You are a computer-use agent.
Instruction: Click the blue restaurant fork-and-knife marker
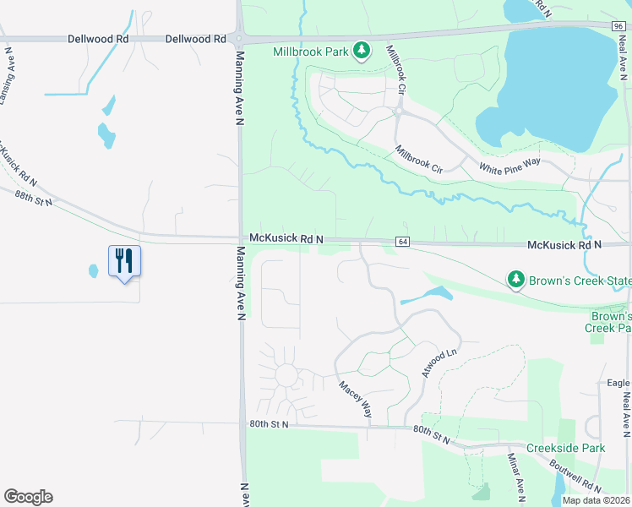coord(124,260)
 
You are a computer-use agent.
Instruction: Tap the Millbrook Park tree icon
coord(362,52)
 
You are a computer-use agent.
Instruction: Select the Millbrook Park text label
coord(311,52)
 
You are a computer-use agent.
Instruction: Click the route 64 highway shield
coord(402,243)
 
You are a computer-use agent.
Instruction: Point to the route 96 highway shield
coord(620,26)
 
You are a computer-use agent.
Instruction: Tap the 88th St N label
coord(34,198)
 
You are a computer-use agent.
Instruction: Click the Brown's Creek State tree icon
coord(515,279)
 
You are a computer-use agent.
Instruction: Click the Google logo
coord(28,497)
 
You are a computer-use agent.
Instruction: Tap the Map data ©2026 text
coord(596,500)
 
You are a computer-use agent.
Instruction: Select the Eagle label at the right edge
coord(618,383)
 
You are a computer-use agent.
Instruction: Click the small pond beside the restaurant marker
coord(93,271)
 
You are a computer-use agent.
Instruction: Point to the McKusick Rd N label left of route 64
coord(286,240)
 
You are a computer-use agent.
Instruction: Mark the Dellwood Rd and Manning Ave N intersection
coord(240,39)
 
